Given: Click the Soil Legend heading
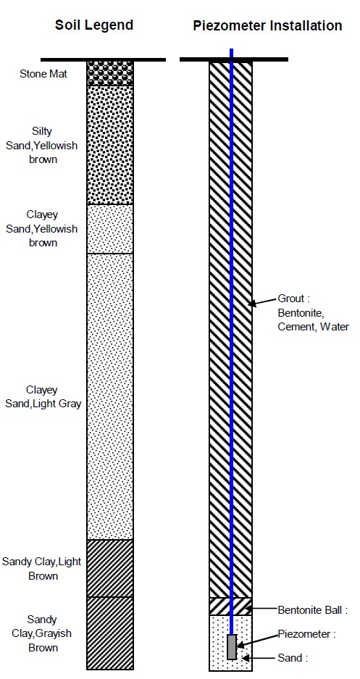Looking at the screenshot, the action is [94, 25].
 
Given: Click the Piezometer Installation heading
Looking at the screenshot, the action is [267, 25].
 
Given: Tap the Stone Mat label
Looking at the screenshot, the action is [43, 74].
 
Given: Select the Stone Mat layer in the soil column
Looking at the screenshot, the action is [110, 72].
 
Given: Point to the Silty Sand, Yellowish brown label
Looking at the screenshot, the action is [42, 145].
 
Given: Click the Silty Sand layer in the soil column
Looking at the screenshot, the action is [110, 145].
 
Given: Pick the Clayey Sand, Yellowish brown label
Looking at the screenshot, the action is [42, 229].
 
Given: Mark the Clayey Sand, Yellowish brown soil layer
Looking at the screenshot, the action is [110, 229].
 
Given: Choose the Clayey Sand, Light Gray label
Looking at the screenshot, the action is [43, 397].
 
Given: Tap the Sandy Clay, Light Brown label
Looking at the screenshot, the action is [41, 569].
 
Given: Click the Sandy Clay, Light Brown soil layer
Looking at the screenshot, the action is [110, 568].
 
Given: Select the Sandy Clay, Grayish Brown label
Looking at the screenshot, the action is [41, 633].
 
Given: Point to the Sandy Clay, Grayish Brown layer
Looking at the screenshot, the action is [110, 633].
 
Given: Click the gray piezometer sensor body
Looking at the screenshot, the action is [232, 647].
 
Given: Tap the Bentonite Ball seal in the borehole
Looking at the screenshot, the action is [230, 607].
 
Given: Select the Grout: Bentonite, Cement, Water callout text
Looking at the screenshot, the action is [313, 312].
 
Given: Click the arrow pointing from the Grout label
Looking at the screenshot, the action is [263, 302].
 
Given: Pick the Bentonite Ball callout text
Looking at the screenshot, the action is [313, 611].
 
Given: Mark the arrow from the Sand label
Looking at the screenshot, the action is [260, 658].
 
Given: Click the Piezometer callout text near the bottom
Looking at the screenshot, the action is [307, 634].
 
